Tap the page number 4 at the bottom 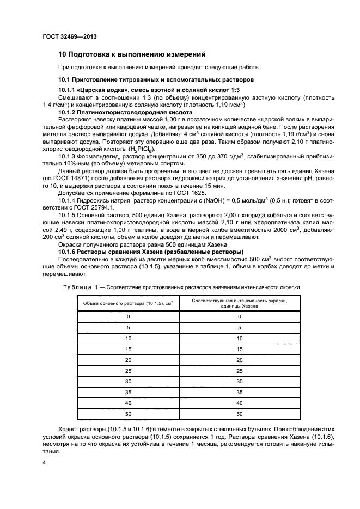click(45, 462)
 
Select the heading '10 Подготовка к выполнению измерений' click(131, 54)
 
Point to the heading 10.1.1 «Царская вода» click(149, 90)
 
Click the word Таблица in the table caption click(75, 286)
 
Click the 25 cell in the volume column click(128, 370)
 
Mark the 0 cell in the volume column click(128, 316)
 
